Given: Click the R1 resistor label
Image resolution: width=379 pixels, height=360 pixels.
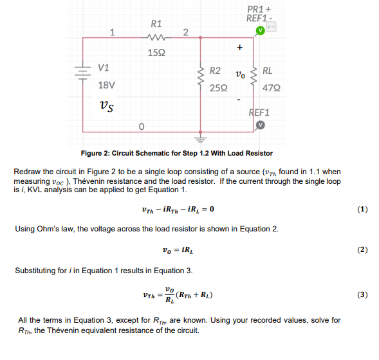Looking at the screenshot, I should [x=156, y=24].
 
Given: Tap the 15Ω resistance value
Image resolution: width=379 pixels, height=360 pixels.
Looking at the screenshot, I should [x=156, y=51].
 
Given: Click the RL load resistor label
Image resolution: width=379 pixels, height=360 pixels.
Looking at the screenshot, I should [x=267, y=71].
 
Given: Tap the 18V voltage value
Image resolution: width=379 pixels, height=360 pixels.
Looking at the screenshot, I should [x=106, y=85].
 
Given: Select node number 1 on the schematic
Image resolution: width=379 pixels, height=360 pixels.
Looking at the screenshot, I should [x=113, y=32].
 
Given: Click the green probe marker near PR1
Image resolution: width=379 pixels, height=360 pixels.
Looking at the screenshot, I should [x=260, y=30].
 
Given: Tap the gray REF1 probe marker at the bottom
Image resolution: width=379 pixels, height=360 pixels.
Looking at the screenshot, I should [x=260, y=124].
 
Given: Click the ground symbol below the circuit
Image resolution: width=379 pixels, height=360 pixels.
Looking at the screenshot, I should [x=200, y=137].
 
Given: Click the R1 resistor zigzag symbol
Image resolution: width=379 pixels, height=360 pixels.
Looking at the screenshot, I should [x=156, y=38].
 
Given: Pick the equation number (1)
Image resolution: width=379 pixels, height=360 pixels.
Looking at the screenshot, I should [x=362, y=210].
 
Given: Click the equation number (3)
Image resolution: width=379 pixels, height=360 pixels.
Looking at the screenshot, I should [x=362, y=294].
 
